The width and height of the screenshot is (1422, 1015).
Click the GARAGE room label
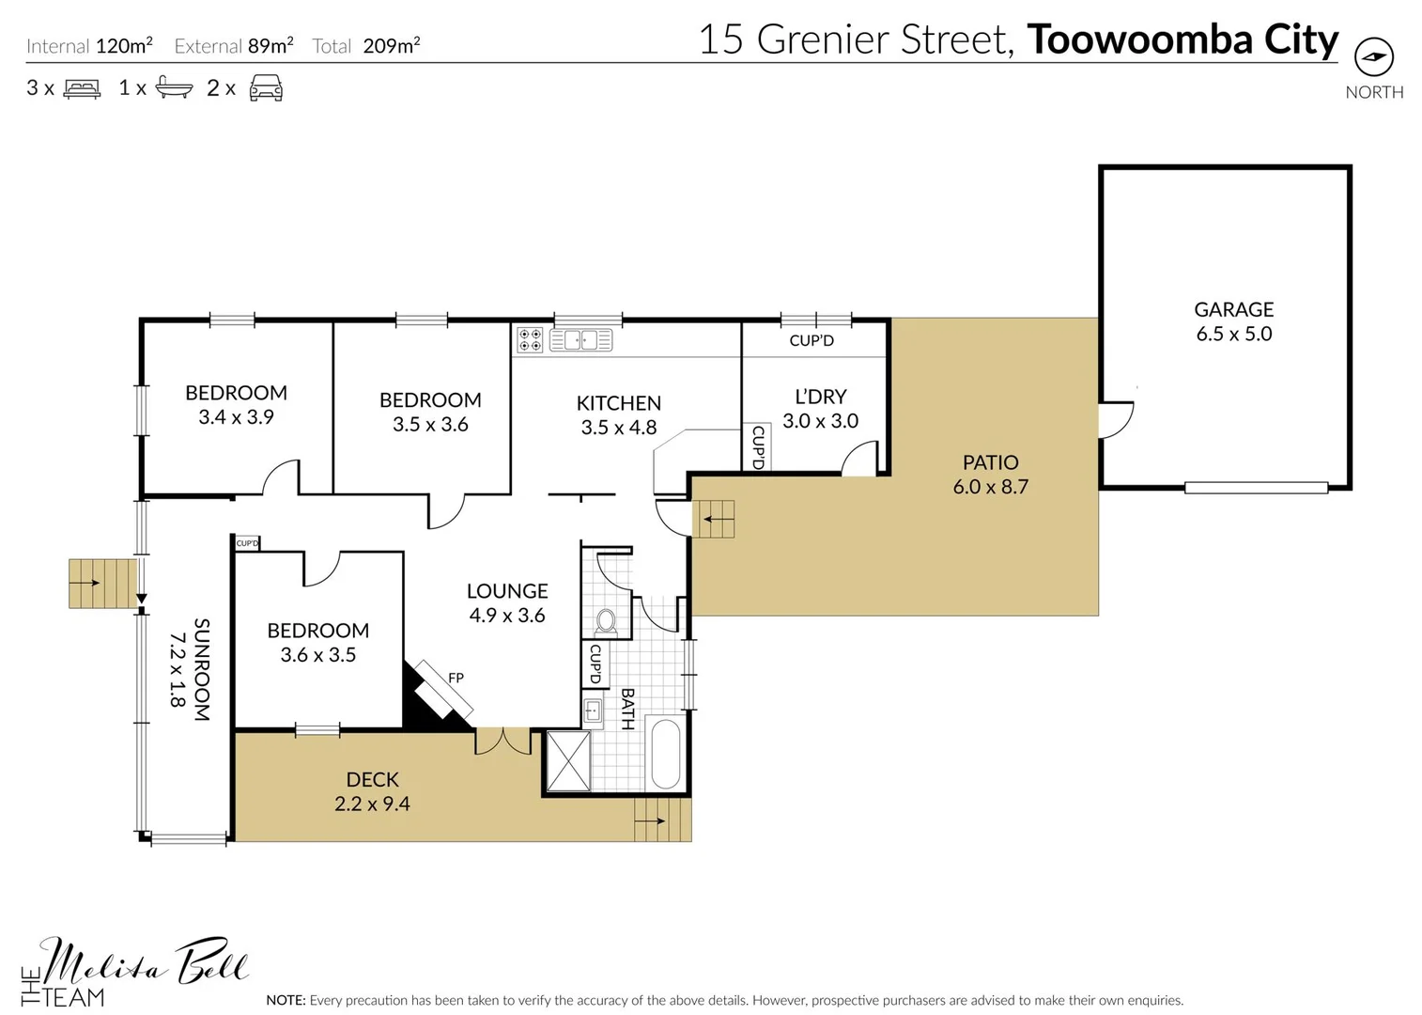[x=1233, y=309]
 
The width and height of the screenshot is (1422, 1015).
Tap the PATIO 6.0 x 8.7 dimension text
[x=990, y=487]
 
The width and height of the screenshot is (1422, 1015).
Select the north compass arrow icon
[x=1374, y=57]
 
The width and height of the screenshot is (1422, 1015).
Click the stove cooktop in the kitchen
[x=530, y=339]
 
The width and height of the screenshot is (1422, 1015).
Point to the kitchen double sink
[x=580, y=339]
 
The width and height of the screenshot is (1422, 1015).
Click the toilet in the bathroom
[x=606, y=620]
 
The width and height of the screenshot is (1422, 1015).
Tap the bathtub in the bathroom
[x=665, y=754]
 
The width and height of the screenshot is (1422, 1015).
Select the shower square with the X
[x=568, y=760]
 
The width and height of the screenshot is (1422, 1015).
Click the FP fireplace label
[x=456, y=678]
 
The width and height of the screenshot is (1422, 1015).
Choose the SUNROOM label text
[x=201, y=669]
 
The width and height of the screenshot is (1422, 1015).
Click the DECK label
[x=372, y=779]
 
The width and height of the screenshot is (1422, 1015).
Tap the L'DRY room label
[x=820, y=397]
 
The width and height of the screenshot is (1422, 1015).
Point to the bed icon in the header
[x=82, y=89]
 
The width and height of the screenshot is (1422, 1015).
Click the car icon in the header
[x=266, y=89]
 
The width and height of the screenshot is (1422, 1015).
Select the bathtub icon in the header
[x=174, y=88]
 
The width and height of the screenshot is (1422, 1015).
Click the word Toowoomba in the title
[x=1139, y=39]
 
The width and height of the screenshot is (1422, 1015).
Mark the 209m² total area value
[x=391, y=45]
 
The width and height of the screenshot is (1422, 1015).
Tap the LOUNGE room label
[x=507, y=591]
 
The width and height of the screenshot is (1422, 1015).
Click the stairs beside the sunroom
[x=102, y=584]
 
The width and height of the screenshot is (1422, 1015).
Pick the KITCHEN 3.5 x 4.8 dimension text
[x=618, y=428]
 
